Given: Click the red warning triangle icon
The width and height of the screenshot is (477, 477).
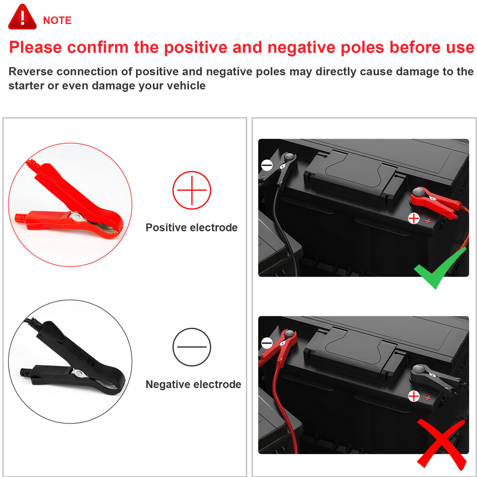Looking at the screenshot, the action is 22,17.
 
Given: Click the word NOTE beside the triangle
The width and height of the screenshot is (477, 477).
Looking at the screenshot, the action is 57,21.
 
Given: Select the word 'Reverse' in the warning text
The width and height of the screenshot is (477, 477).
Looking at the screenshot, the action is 30,72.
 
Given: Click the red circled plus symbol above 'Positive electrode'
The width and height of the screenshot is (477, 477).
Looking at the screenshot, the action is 192,190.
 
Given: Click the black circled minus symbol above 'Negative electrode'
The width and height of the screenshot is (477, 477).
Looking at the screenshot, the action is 192,347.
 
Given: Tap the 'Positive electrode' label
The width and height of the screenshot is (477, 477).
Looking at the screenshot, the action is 192,228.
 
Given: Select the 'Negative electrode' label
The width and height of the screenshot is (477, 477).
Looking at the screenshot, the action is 194,384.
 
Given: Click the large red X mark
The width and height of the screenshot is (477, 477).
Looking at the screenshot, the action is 441,444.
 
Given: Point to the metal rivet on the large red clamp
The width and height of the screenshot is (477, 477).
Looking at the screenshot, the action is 76,217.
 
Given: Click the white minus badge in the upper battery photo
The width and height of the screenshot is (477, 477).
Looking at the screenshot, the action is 267,166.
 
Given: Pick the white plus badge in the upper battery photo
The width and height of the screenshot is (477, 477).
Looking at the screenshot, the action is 414,218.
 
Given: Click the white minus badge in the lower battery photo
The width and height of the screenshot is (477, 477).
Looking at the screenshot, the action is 267,343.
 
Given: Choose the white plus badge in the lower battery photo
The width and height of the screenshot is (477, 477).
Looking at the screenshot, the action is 414,396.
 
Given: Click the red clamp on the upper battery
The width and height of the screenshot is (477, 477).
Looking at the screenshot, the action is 434,202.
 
